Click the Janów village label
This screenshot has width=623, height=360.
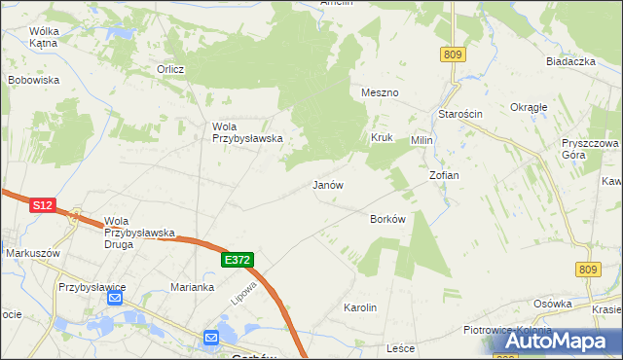pos(328,184)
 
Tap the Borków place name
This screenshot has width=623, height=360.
pos(387,219)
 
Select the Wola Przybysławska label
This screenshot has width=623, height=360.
pos(247,131)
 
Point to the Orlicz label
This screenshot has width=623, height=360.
pos(171,69)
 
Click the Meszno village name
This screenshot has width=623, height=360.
pos(380,92)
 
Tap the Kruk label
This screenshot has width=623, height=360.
pos(381,137)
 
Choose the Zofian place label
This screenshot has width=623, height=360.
pos(444,175)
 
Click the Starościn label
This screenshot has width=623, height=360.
pos(460,114)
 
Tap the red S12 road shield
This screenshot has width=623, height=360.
pos(41,205)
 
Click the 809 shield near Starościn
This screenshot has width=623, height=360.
pos(451,55)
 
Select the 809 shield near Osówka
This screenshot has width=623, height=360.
pos(588,269)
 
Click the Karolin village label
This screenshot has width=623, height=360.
pos(360,307)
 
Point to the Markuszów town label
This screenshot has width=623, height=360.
pos(33,253)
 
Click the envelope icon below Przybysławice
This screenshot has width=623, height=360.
pos(115,298)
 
